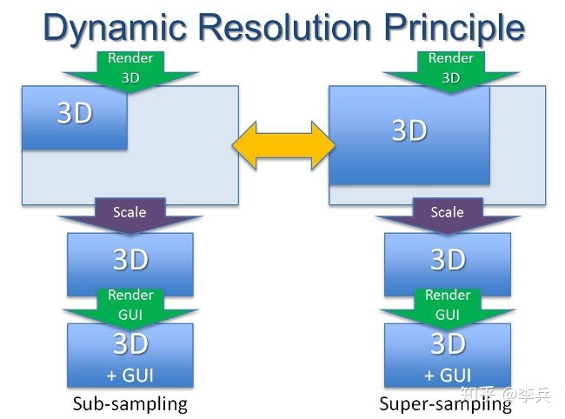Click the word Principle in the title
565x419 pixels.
click(x=455, y=28)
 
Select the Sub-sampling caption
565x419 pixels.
click(x=130, y=404)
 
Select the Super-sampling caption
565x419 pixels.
click(x=445, y=404)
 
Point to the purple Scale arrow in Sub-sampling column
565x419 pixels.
click(x=130, y=214)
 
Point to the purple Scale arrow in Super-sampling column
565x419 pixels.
click(x=447, y=214)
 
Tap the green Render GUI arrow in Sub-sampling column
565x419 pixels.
click(x=130, y=304)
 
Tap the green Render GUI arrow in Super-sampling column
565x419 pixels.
click(x=447, y=304)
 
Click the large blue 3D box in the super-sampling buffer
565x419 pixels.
click(x=409, y=132)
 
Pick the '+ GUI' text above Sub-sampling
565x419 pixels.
click(x=130, y=376)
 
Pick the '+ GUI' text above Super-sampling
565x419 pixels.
click(x=448, y=376)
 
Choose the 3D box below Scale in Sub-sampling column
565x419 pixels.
click(x=130, y=259)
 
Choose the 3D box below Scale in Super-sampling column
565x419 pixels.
click(x=448, y=259)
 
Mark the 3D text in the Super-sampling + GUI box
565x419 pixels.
click(x=448, y=345)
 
